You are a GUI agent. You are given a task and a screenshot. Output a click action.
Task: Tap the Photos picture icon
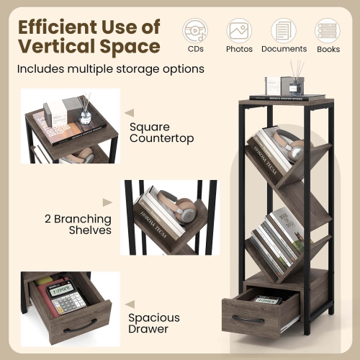[x=239, y=30]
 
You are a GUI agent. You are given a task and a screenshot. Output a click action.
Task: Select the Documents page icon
[x=283, y=30]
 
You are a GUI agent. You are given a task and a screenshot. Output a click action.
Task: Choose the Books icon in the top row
[x=328, y=30]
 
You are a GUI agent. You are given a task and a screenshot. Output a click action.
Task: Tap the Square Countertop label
[x=161, y=132]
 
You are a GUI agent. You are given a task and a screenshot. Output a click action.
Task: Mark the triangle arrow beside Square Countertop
[x=129, y=112]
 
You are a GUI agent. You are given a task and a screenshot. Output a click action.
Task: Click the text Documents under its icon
[x=284, y=49]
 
